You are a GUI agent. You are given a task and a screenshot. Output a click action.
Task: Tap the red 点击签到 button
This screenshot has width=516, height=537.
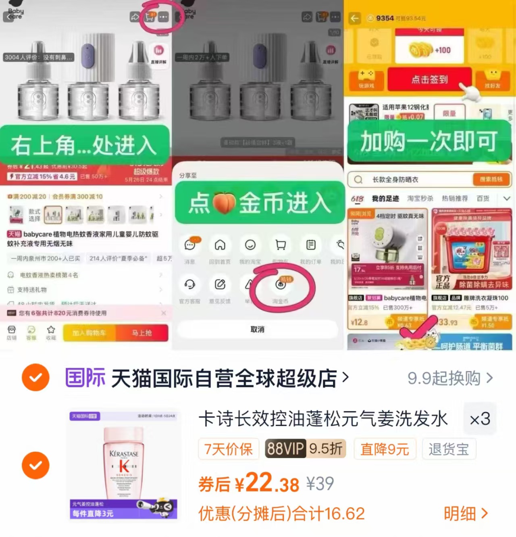pos(429,79)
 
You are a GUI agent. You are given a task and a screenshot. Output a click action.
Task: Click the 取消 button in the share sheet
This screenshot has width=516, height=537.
pos(257,329)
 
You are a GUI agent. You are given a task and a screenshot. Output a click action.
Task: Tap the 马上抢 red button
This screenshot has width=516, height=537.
pos(141,333)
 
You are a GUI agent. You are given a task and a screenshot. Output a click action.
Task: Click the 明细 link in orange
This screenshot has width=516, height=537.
pos(466,513)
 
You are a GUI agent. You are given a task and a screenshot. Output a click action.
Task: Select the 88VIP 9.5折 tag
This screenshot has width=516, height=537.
pos(305,448)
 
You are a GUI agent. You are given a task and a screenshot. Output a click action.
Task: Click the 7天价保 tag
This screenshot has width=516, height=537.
pos(228,449)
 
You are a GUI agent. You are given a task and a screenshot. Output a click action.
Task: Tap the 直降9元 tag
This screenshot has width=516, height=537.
pos(384,449)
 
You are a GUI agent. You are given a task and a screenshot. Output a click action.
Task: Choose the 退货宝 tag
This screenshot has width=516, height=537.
pos(449,449)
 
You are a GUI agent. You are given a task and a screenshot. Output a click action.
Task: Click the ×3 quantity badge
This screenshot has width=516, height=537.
pos(480,419)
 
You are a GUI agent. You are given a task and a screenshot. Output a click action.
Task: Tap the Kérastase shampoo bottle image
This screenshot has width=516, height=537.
pos(124,464)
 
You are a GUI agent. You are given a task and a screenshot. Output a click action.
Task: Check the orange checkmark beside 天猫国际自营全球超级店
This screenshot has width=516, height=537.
pos(35,377)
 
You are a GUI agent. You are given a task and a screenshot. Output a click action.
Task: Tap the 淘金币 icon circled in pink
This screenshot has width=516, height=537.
pos(281,285)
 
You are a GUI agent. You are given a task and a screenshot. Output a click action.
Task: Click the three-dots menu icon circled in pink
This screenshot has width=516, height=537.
pos(163,17)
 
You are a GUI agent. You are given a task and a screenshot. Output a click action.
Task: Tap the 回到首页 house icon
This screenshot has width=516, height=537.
pos(220,245)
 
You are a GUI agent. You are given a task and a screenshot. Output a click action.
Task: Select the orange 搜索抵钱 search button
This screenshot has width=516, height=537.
pos(491,179)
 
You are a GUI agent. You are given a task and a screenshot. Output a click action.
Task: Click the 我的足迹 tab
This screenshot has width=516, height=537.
pos(385,199)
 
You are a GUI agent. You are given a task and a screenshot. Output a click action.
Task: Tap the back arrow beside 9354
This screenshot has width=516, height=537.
pos(354,18)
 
